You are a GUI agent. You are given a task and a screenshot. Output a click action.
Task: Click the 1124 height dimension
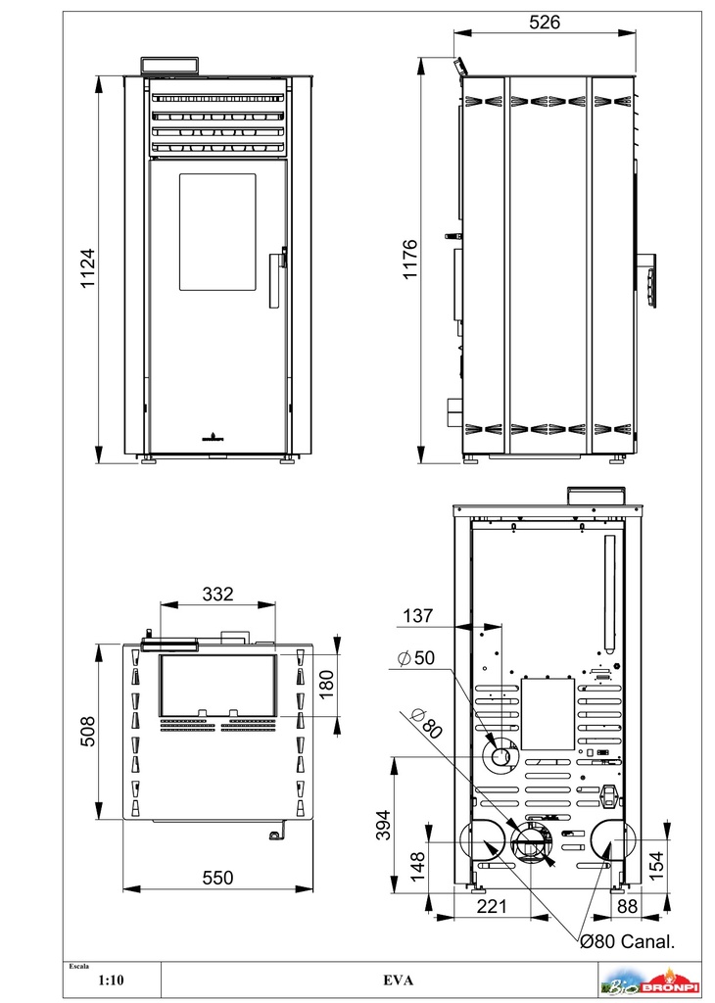(x=87, y=268)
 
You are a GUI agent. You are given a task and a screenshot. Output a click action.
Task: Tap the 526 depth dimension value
(x=545, y=23)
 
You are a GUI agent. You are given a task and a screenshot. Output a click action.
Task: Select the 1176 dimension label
(x=410, y=259)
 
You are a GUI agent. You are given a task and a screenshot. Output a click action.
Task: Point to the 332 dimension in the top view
(x=217, y=595)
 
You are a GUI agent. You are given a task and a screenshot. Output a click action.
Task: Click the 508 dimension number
(x=87, y=731)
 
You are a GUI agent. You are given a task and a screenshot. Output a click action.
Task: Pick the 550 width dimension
(x=218, y=878)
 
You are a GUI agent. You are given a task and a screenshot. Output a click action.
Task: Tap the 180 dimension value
(x=326, y=685)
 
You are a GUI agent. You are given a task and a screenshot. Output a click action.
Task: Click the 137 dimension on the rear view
(x=417, y=615)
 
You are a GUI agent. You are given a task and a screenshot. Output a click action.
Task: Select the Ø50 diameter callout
(x=415, y=657)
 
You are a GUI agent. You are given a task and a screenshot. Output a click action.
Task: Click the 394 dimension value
(x=382, y=825)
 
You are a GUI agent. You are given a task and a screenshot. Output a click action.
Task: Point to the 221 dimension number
(x=492, y=906)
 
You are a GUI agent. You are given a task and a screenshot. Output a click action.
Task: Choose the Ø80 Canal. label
(x=627, y=941)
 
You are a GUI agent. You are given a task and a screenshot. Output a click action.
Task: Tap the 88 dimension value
(x=628, y=906)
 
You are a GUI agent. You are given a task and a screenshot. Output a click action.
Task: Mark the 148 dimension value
(x=417, y=866)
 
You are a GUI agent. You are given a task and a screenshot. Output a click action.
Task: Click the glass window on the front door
(x=217, y=231)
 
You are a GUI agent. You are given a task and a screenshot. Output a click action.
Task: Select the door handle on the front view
(x=275, y=278)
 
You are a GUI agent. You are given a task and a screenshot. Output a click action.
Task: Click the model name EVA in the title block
(x=398, y=979)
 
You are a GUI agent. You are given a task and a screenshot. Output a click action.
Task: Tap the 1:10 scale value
(x=112, y=979)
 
